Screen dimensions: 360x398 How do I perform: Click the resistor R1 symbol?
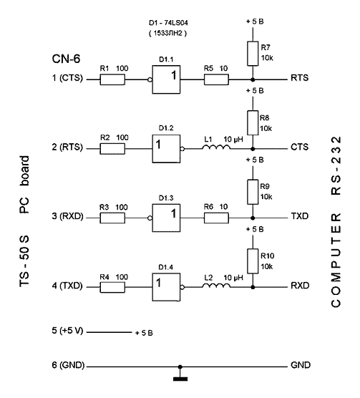click(112, 79)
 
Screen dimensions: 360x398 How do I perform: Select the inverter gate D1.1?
click(166, 79)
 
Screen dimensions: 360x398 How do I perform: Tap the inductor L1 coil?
click(216, 147)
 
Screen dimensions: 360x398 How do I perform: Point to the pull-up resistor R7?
click(253, 54)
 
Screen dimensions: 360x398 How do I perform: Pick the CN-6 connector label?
click(66, 59)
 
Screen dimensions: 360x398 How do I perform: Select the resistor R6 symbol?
click(216, 218)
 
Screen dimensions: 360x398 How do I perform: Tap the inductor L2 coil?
click(216, 286)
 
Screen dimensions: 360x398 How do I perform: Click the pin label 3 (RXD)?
click(67, 216)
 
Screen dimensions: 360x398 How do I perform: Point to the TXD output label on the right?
click(300, 216)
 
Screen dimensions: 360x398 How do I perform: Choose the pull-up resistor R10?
click(253, 261)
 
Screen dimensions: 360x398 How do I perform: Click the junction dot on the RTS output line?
click(253, 79)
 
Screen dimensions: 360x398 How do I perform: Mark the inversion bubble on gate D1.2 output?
click(183, 149)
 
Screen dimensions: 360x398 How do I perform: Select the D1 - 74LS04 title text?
click(168, 23)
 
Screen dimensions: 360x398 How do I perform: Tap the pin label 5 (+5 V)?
click(67, 331)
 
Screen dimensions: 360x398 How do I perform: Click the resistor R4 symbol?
click(112, 287)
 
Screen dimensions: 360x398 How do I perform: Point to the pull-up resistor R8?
click(253, 123)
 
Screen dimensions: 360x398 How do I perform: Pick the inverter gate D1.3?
click(166, 218)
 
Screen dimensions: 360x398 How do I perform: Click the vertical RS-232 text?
click(336, 166)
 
